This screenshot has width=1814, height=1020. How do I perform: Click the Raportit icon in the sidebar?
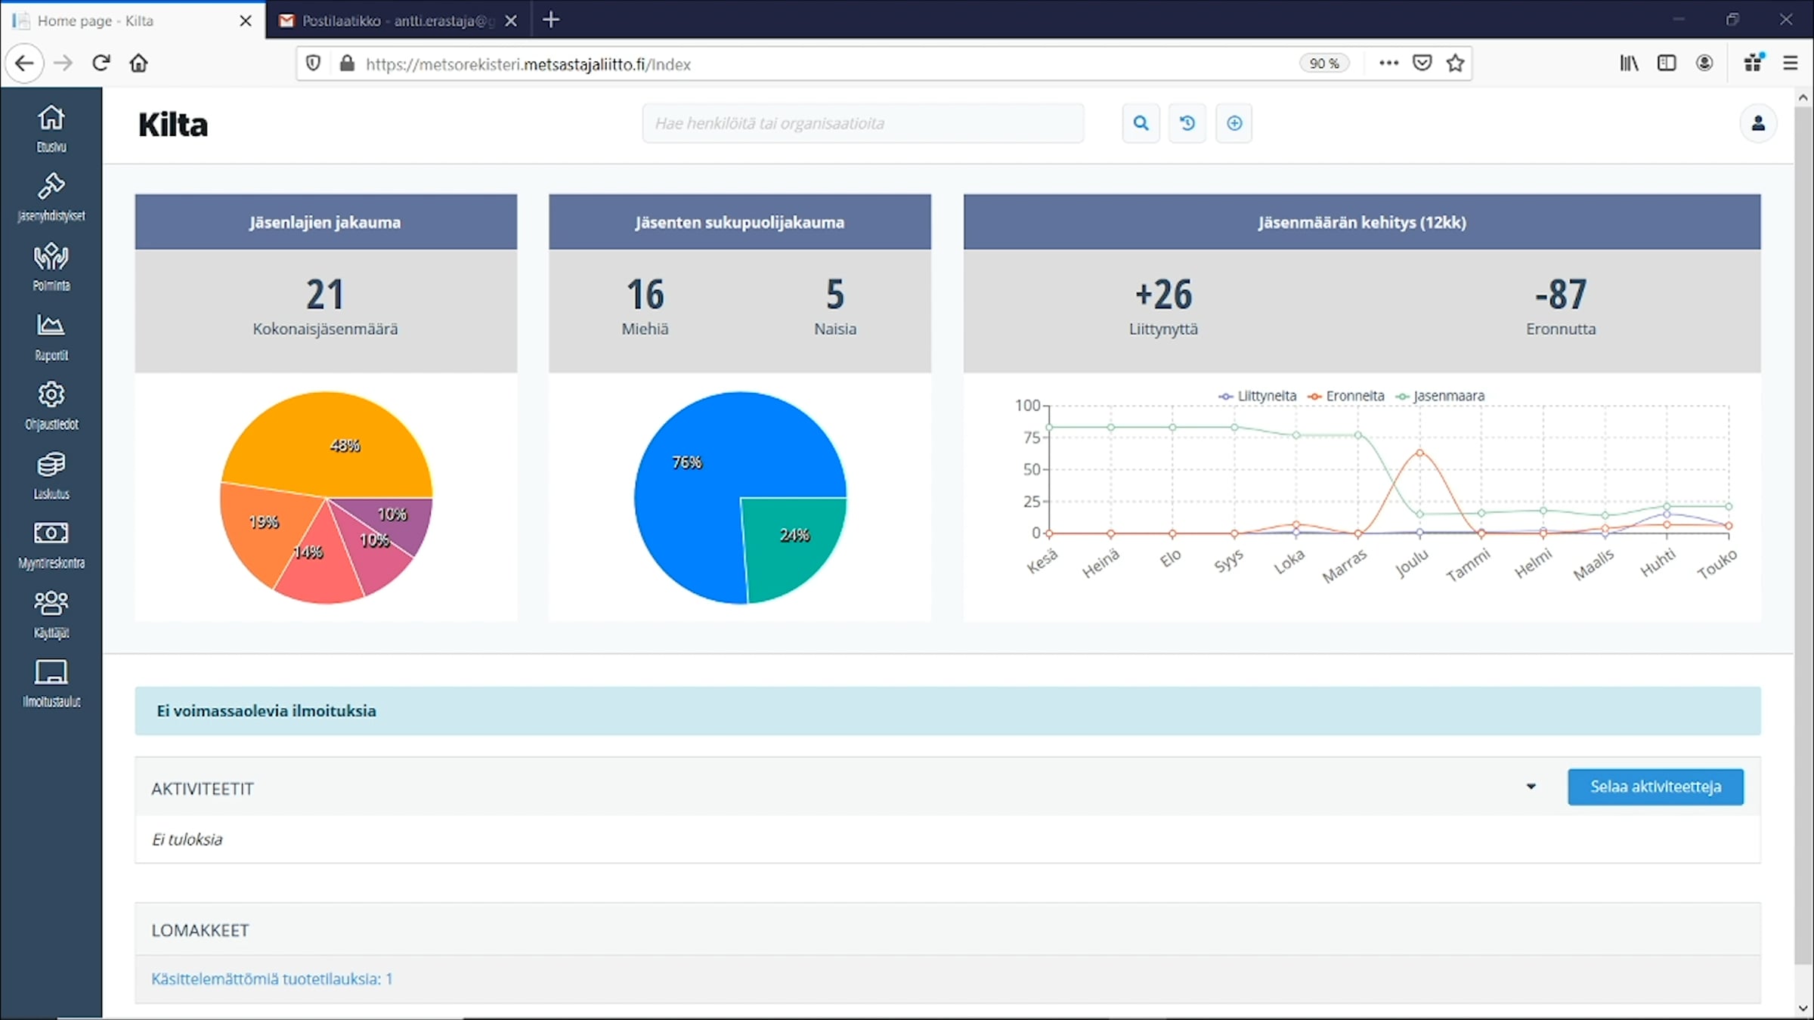(x=51, y=326)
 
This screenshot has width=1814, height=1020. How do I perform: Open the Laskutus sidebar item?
(x=51, y=476)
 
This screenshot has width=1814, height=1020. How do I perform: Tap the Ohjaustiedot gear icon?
(x=51, y=394)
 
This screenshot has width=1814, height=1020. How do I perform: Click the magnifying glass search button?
(x=1141, y=123)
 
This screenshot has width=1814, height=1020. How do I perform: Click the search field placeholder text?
(x=769, y=123)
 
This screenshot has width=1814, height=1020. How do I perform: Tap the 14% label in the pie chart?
(x=308, y=552)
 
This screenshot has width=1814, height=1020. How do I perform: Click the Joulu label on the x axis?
(x=1412, y=564)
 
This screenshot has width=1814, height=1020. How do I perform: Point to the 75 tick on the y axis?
(x=1031, y=437)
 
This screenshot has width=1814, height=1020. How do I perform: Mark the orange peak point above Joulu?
(x=1419, y=453)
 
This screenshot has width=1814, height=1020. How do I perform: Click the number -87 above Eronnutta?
(x=1561, y=294)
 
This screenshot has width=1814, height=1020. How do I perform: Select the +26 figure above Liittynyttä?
(x=1163, y=294)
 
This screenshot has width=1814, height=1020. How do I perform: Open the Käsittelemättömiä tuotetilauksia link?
(x=272, y=979)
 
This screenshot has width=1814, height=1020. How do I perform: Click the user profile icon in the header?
(x=1758, y=123)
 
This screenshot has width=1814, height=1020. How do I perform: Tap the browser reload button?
(x=101, y=63)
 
